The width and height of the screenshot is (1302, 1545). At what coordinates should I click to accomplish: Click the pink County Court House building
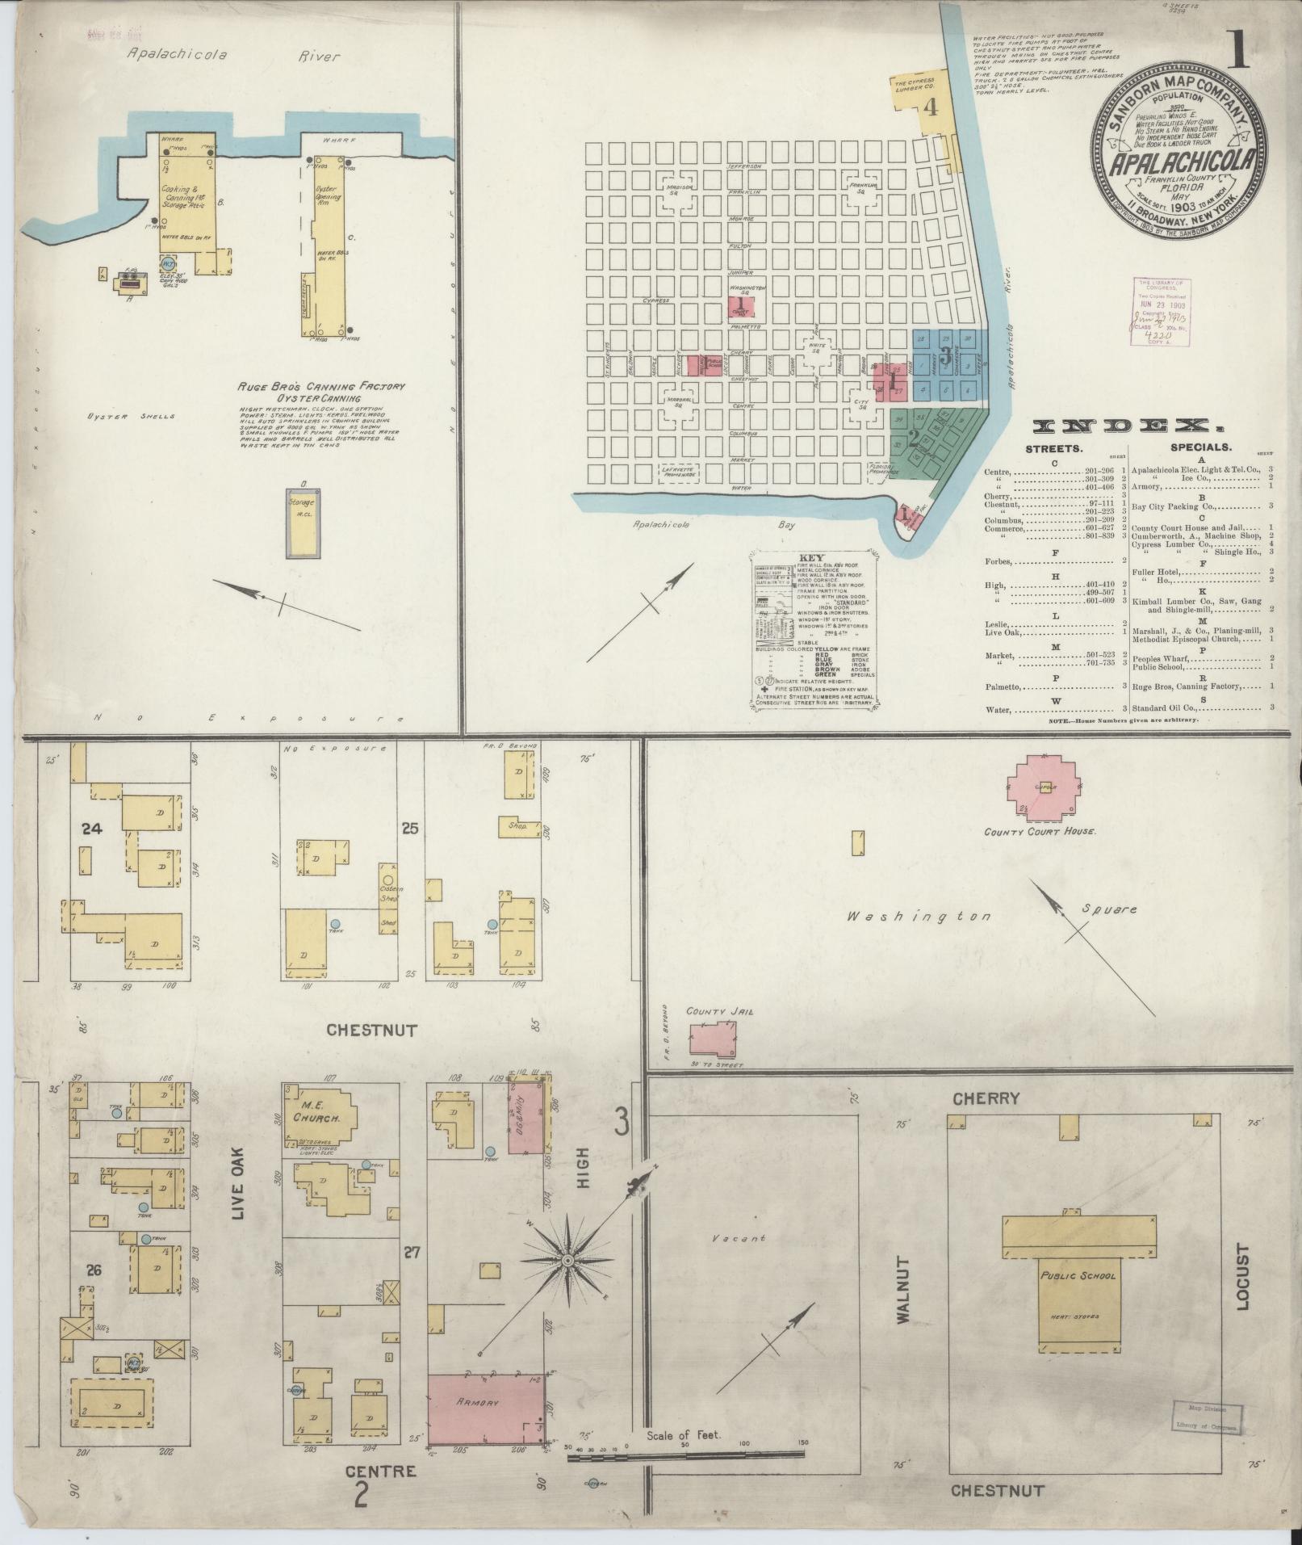[x=1045, y=788]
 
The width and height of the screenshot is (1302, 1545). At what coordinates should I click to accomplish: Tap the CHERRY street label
[x=986, y=1098]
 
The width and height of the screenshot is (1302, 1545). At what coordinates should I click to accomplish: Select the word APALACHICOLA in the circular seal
[x=1172, y=162]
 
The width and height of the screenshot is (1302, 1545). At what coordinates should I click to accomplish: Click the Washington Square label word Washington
[x=919, y=917]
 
